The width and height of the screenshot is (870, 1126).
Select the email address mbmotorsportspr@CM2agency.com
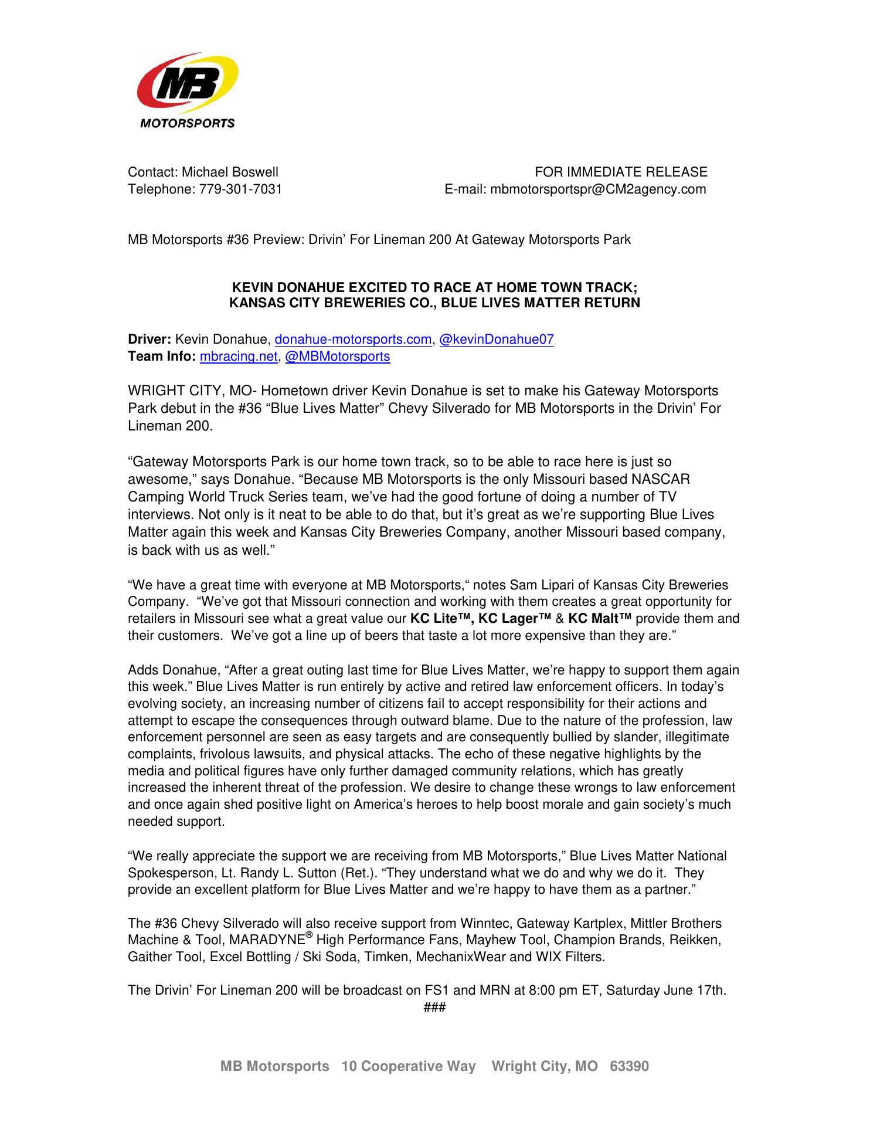click(x=597, y=189)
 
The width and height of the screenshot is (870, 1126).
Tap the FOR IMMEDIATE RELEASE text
click(x=621, y=172)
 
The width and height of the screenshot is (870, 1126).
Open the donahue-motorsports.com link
click(x=353, y=340)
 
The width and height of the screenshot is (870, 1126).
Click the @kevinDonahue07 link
click(x=496, y=340)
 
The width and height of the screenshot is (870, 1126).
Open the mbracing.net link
click(x=238, y=357)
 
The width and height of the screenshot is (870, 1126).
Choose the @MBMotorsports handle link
click(x=337, y=357)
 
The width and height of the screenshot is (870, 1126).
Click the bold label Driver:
click(x=149, y=340)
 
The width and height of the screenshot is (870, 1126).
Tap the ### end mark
click(x=434, y=1008)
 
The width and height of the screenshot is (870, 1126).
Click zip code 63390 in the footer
click(x=630, y=1066)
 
